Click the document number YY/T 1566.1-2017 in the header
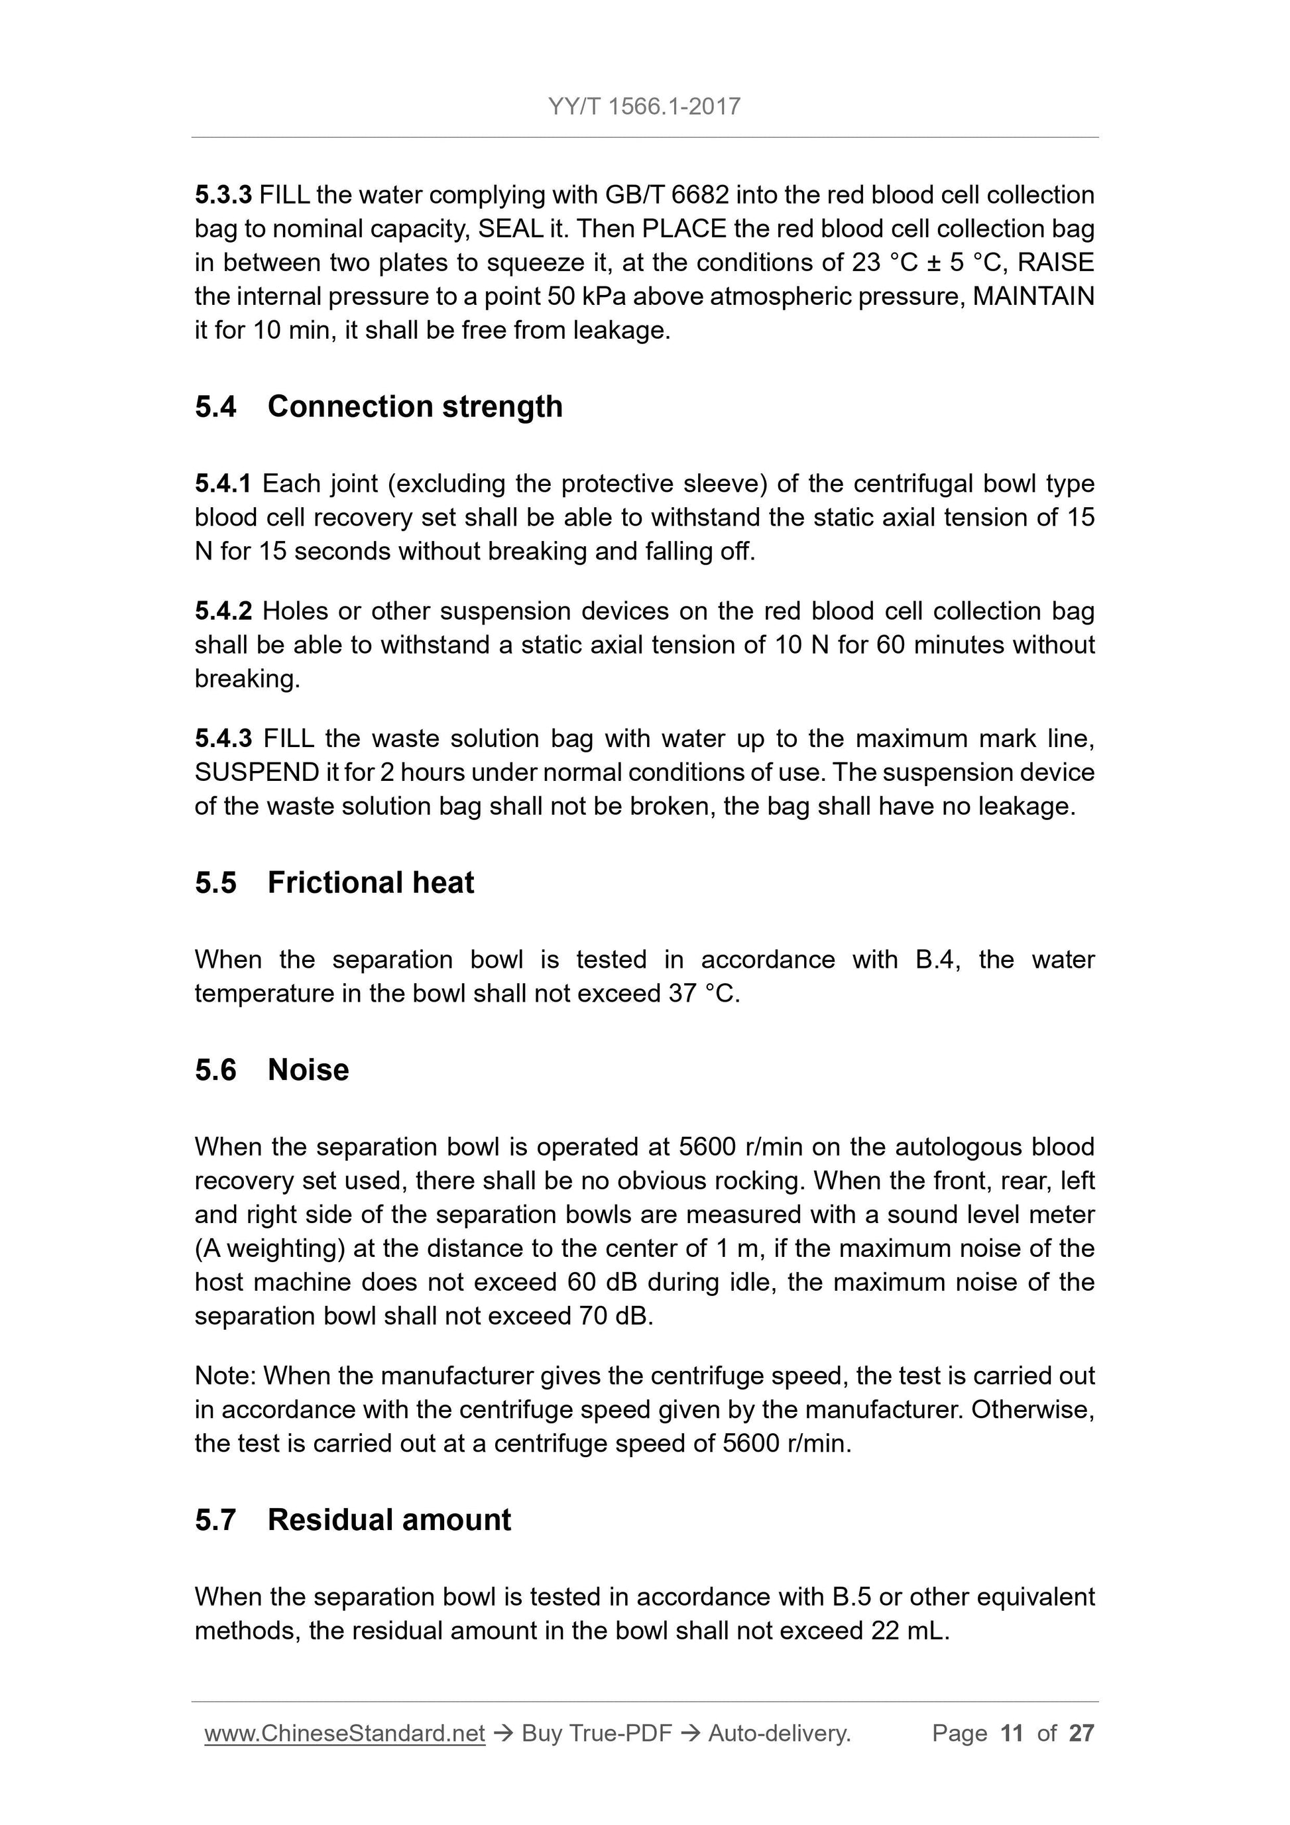click(x=644, y=107)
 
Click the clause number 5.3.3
click(x=223, y=195)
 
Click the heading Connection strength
click(x=415, y=406)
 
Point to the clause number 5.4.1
click(x=223, y=483)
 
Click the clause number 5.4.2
click(x=223, y=611)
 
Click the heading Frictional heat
click(x=371, y=882)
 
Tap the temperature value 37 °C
click(x=703, y=994)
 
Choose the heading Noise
click(x=308, y=1070)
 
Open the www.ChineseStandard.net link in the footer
click(x=344, y=1734)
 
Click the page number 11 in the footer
click(x=1012, y=1734)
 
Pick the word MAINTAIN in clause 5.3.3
click(x=1033, y=296)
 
